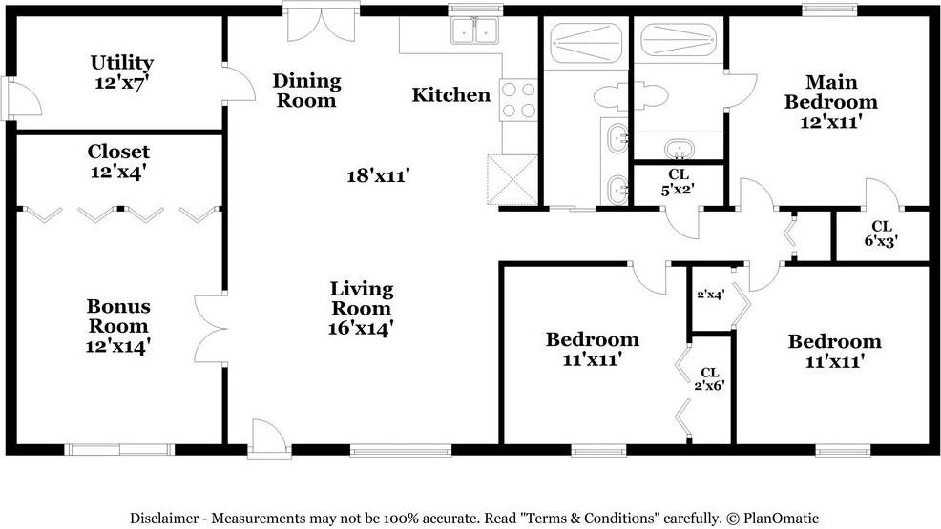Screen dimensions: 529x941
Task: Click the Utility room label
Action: pyautogui.click(x=121, y=72)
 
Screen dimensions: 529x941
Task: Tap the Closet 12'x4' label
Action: pyautogui.click(x=118, y=161)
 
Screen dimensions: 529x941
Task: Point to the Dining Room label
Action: pyautogui.click(x=306, y=90)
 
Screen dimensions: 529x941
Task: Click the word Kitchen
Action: pyautogui.click(x=451, y=94)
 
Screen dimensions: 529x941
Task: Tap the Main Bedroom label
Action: pyautogui.click(x=828, y=92)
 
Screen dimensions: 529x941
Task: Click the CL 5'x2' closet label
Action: pyautogui.click(x=679, y=181)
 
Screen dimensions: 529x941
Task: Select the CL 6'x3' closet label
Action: pyautogui.click(x=881, y=234)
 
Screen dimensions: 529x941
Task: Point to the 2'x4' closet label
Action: pyautogui.click(x=710, y=295)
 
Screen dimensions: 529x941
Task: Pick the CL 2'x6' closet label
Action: pyautogui.click(x=710, y=378)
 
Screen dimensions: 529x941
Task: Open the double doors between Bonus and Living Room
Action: pyautogui.click(x=211, y=327)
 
